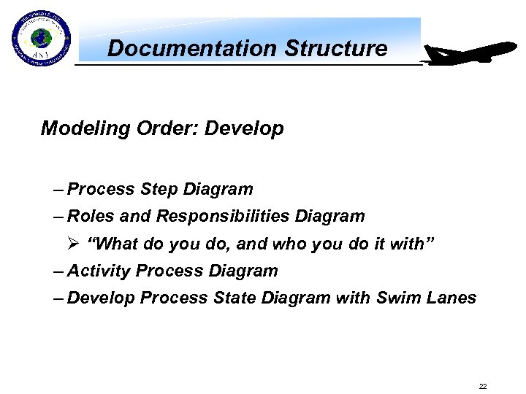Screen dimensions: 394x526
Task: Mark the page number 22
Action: (x=483, y=386)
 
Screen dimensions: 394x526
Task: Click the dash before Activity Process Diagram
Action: (x=58, y=271)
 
